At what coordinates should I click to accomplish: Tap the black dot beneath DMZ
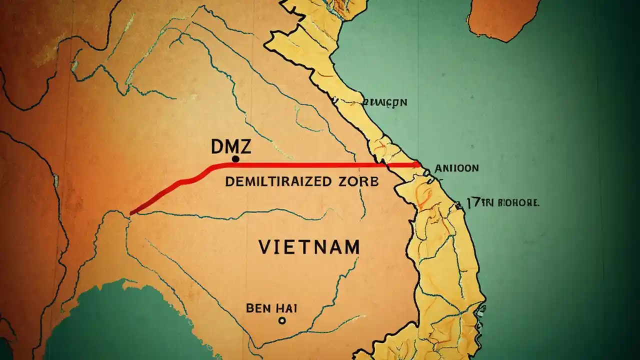pos(235,159)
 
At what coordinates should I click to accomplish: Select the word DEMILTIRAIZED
pos(278,181)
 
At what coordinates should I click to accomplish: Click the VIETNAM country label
pos(309,247)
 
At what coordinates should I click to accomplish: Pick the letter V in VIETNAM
pos(265,247)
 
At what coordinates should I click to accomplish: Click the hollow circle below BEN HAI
pos(282,320)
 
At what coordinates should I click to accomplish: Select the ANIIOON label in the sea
pos(457,168)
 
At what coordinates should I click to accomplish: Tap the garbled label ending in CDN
pos(385,102)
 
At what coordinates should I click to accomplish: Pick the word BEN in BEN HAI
pos(258,308)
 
